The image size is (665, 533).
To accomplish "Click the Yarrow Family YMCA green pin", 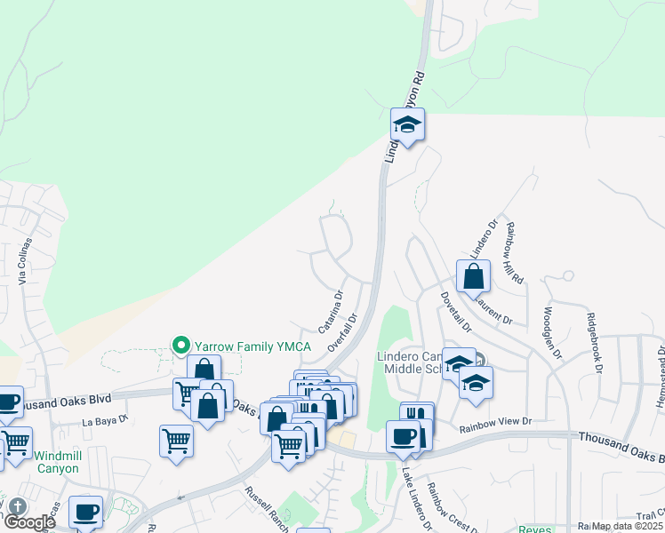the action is (x=181, y=344).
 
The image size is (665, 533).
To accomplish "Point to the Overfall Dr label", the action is (x=342, y=332).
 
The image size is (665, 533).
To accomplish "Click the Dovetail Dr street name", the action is (x=455, y=310).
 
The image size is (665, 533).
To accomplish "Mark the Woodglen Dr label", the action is (x=551, y=334).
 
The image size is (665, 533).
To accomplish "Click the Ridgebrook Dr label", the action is (x=597, y=343).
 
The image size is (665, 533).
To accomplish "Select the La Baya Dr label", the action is (x=107, y=418).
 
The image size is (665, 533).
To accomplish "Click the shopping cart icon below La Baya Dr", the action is (x=176, y=441).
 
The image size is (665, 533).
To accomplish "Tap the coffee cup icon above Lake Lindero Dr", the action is (x=402, y=437).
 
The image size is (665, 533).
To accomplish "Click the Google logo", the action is (x=28, y=523).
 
